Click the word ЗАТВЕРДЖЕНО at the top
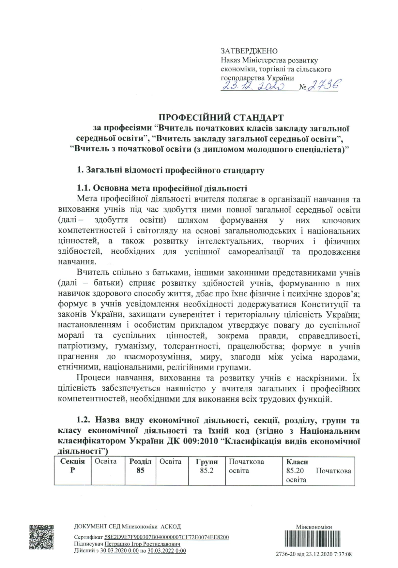(249, 51)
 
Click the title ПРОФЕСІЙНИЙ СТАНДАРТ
(221, 117)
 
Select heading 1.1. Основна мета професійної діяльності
(162, 188)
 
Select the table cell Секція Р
(72, 466)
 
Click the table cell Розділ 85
(140, 466)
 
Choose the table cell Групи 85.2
(207, 466)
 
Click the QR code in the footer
(41, 537)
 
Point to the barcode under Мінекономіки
(314, 539)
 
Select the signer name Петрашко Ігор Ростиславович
(142, 544)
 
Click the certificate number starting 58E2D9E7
(167, 537)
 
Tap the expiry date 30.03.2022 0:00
(167, 551)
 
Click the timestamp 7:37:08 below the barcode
(342, 554)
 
